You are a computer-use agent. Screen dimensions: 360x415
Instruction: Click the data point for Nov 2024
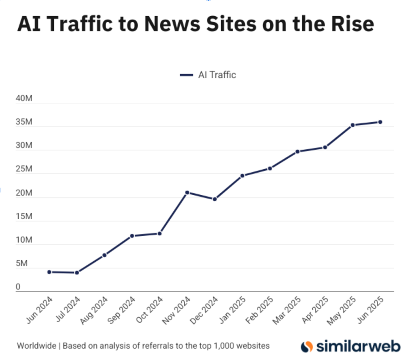coord(187,192)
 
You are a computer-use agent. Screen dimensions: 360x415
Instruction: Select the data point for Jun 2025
coord(380,122)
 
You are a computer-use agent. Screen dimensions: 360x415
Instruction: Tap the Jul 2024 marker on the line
coord(77,273)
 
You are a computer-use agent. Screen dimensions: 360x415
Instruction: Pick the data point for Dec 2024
coord(215,199)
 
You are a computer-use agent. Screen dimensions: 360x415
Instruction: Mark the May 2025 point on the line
coord(353,125)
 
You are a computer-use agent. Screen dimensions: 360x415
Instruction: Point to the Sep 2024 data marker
coord(132,236)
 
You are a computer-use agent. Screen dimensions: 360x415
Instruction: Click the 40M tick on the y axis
coord(24,99)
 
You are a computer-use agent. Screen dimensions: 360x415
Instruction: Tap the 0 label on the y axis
coord(18,287)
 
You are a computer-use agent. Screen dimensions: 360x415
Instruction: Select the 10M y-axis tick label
coord(24,240)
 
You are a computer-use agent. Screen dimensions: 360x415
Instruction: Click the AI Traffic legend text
coord(217,75)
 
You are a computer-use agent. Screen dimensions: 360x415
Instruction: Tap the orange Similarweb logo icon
coord(307,346)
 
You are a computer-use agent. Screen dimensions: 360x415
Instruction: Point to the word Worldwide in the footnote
coord(36,346)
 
